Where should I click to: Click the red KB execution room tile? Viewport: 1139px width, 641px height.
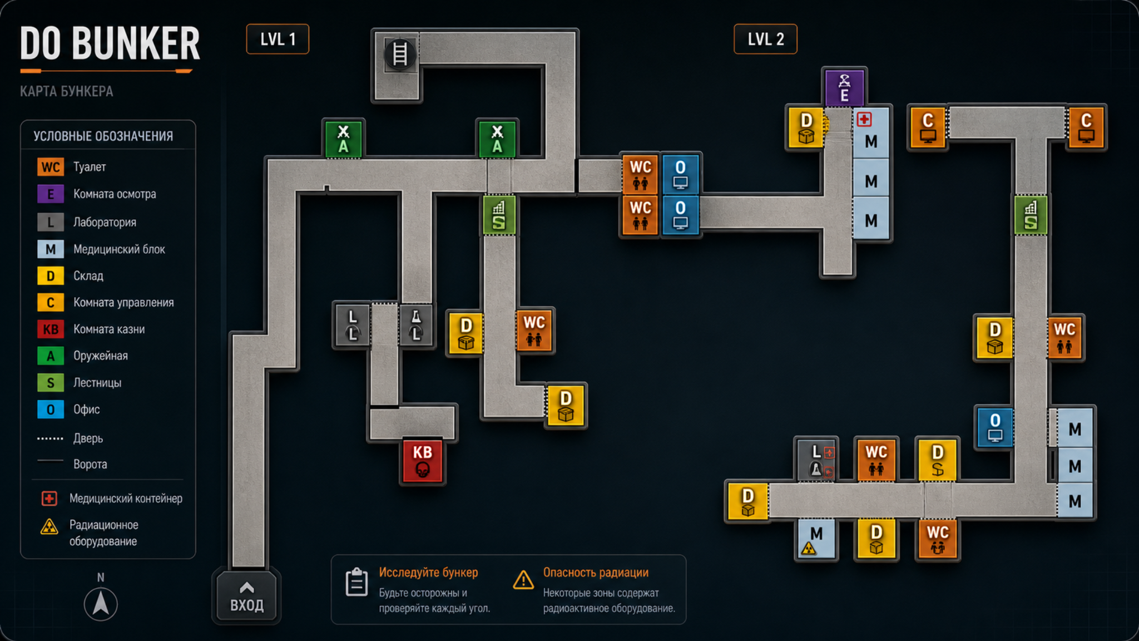tap(422, 461)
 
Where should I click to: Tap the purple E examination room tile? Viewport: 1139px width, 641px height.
tap(844, 87)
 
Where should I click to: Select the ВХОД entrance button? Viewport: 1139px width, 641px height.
tap(246, 596)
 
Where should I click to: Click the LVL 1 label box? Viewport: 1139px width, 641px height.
tap(278, 39)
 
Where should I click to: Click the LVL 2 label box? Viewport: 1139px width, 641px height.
tap(765, 39)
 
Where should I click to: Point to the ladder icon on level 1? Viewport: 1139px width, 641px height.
tap(400, 54)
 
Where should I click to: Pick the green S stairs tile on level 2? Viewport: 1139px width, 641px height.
tap(1031, 215)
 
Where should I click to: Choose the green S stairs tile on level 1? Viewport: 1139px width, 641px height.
tap(499, 215)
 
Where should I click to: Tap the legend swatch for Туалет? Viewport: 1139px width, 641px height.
tap(51, 167)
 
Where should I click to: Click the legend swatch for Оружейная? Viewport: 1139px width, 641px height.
tap(51, 356)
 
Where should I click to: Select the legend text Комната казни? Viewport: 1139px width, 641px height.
tap(109, 329)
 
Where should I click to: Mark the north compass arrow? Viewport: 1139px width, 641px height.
tap(101, 604)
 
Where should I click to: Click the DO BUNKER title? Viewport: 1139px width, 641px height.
tap(110, 43)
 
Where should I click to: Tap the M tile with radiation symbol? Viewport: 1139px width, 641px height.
tap(816, 539)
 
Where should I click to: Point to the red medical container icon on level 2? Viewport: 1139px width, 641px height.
tap(864, 119)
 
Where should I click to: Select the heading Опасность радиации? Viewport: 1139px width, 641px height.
tap(596, 573)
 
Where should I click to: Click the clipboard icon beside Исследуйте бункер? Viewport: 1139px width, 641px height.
tap(356, 582)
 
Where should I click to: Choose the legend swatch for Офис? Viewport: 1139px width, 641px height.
tap(51, 410)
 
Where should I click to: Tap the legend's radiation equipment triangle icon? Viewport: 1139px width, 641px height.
tap(49, 526)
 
